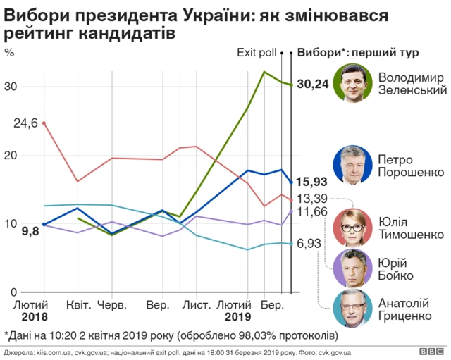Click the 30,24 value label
point(313,85)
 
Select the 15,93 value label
point(312,181)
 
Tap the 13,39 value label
point(312,198)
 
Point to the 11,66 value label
point(312,211)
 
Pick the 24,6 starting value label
point(25,123)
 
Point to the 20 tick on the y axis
point(11,155)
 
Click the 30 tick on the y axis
point(11,86)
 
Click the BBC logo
point(430,351)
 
